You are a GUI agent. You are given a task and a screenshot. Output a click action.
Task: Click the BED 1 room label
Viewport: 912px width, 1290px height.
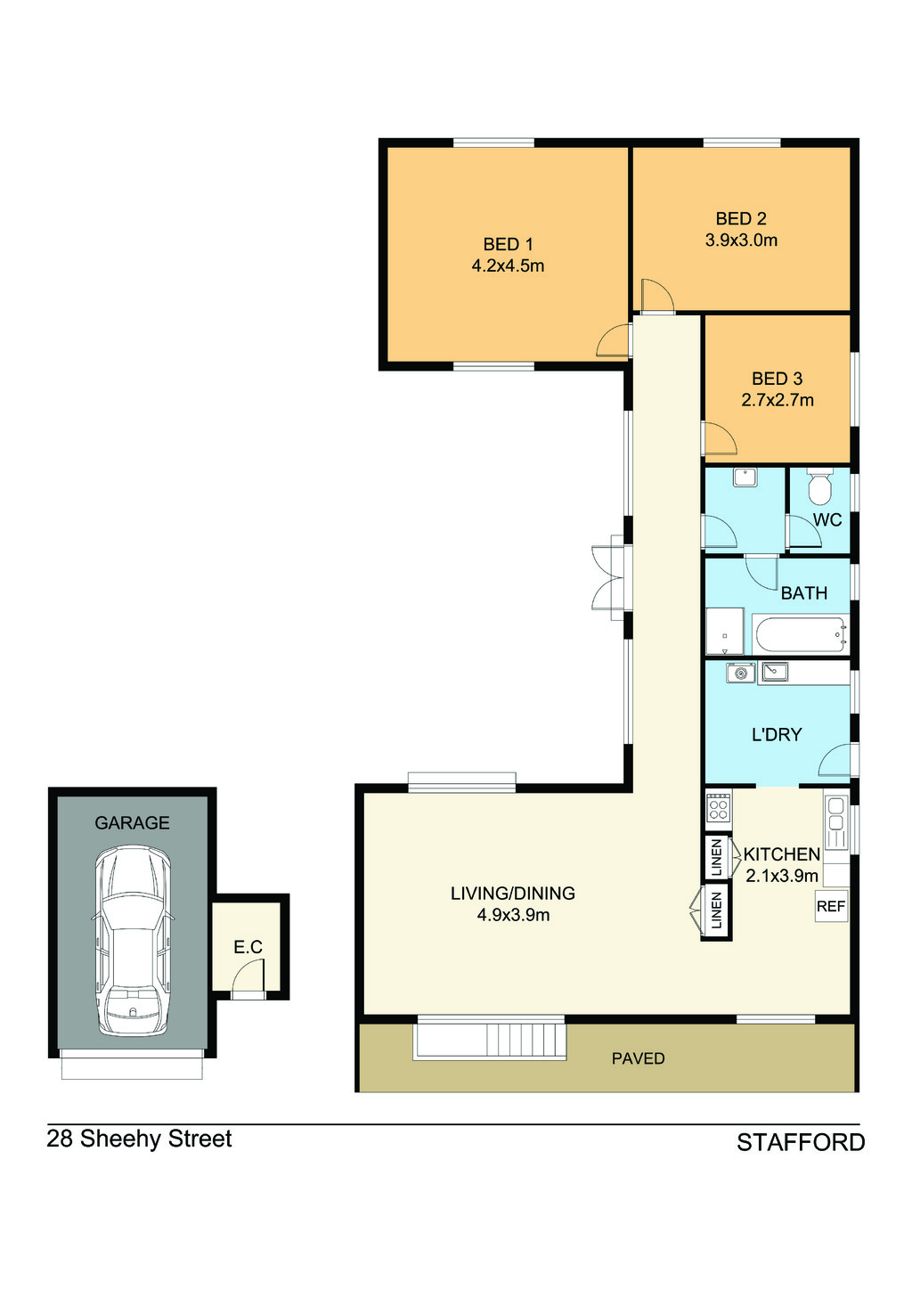click(508, 245)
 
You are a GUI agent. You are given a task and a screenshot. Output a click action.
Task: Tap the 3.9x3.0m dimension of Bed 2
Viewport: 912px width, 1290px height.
click(741, 241)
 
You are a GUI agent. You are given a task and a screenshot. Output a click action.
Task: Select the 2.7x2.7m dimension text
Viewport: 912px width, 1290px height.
click(778, 400)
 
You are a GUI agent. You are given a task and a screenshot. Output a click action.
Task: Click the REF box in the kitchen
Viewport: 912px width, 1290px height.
click(831, 906)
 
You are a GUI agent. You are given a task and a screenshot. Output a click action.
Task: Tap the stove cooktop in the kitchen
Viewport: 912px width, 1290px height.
click(718, 805)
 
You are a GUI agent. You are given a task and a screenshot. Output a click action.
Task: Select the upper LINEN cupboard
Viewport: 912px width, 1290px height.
click(716, 858)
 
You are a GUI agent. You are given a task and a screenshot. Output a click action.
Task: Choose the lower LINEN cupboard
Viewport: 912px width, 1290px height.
click(716, 910)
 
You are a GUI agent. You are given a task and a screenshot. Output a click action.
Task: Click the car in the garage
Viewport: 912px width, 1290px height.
click(132, 941)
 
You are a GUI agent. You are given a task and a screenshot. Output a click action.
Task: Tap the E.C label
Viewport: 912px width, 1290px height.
click(248, 947)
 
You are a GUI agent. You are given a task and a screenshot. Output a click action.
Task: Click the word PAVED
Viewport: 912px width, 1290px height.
click(638, 1058)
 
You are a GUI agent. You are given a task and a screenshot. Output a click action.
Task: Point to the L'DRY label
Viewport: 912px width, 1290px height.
click(777, 735)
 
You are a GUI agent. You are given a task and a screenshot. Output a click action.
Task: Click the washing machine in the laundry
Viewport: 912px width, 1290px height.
click(740, 673)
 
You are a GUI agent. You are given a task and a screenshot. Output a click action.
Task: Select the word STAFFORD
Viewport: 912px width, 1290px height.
click(801, 1143)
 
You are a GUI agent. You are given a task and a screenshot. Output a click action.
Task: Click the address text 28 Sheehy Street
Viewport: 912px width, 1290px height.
click(139, 1139)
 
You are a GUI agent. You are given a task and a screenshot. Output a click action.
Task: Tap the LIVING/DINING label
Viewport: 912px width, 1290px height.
click(512, 894)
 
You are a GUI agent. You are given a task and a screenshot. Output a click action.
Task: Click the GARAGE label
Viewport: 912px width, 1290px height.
click(132, 822)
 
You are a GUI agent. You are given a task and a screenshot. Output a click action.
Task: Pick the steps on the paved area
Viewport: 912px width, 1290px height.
click(489, 1041)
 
